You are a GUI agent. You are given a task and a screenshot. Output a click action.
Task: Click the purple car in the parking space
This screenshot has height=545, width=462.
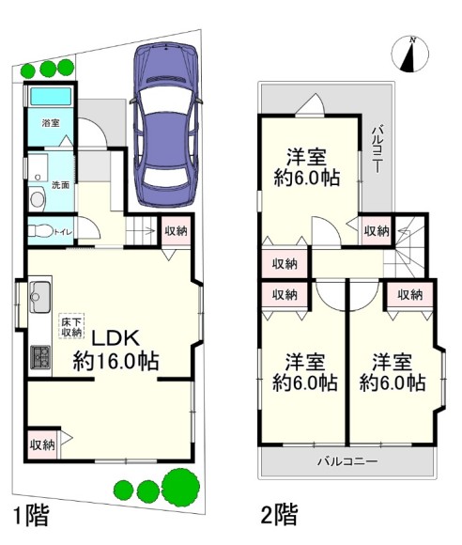click(165, 125)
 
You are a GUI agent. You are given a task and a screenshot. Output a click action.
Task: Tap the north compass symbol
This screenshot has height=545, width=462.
click(410, 54)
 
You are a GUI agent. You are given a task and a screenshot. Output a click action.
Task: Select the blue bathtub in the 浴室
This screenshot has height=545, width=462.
click(51, 96)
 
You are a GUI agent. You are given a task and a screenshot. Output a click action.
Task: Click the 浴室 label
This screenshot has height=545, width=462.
click(51, 123)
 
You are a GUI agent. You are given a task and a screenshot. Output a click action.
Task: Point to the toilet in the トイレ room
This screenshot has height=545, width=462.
click(40, 231)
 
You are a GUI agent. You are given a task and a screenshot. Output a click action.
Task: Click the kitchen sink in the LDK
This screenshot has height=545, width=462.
click(40, 297)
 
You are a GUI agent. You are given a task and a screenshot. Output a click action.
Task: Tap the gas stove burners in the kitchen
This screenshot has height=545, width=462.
click(40, 357)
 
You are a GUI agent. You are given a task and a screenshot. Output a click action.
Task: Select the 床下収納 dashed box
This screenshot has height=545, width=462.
click(71, 327)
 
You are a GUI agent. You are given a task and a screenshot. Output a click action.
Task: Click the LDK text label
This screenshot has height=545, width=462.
click(115, 337)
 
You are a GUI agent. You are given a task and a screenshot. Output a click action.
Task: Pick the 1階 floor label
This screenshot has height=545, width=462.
click(31, 515)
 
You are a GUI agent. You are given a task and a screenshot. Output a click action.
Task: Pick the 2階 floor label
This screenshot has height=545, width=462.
click(279, 514)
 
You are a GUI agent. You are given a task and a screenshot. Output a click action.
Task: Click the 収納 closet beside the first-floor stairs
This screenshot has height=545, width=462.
click(177, 230)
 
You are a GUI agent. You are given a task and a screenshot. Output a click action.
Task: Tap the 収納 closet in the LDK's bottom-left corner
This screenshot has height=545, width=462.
click(42, 444)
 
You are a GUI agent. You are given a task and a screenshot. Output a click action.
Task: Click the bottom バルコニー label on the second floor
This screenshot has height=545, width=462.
click(347, 461)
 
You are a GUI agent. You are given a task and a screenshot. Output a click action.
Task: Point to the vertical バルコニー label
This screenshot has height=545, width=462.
click(377, 148)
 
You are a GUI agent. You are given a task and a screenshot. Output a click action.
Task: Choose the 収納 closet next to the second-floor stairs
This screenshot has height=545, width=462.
click(377, 231)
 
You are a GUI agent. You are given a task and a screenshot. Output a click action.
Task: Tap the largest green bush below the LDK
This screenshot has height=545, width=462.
click(181, 486)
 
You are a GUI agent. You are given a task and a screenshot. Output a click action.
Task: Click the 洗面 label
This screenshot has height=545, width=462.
click(60, 185)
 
